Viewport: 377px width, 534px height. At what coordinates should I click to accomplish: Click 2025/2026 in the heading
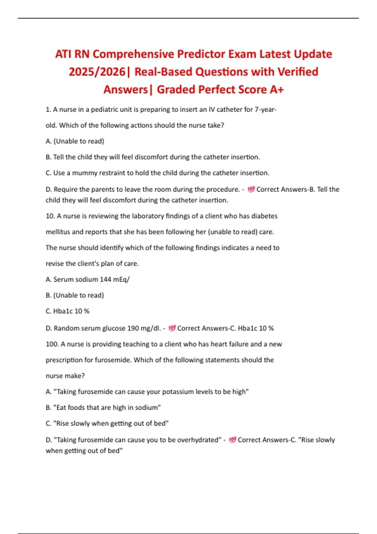[x=97, y=72]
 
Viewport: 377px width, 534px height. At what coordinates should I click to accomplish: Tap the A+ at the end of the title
[x=276, y=90]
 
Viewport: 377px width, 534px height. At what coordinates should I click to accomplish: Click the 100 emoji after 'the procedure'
[x=251, y=189]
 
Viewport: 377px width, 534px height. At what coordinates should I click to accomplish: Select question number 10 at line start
[x=50, y=216]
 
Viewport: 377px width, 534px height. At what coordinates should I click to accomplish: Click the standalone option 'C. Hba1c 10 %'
[x=68, y=311]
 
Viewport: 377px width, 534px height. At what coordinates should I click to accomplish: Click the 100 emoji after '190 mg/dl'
[x=172, y=328]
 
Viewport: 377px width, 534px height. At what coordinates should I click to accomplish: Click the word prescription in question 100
[x=64, y=360]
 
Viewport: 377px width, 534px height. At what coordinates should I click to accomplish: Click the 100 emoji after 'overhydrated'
[x=232, y=440]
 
